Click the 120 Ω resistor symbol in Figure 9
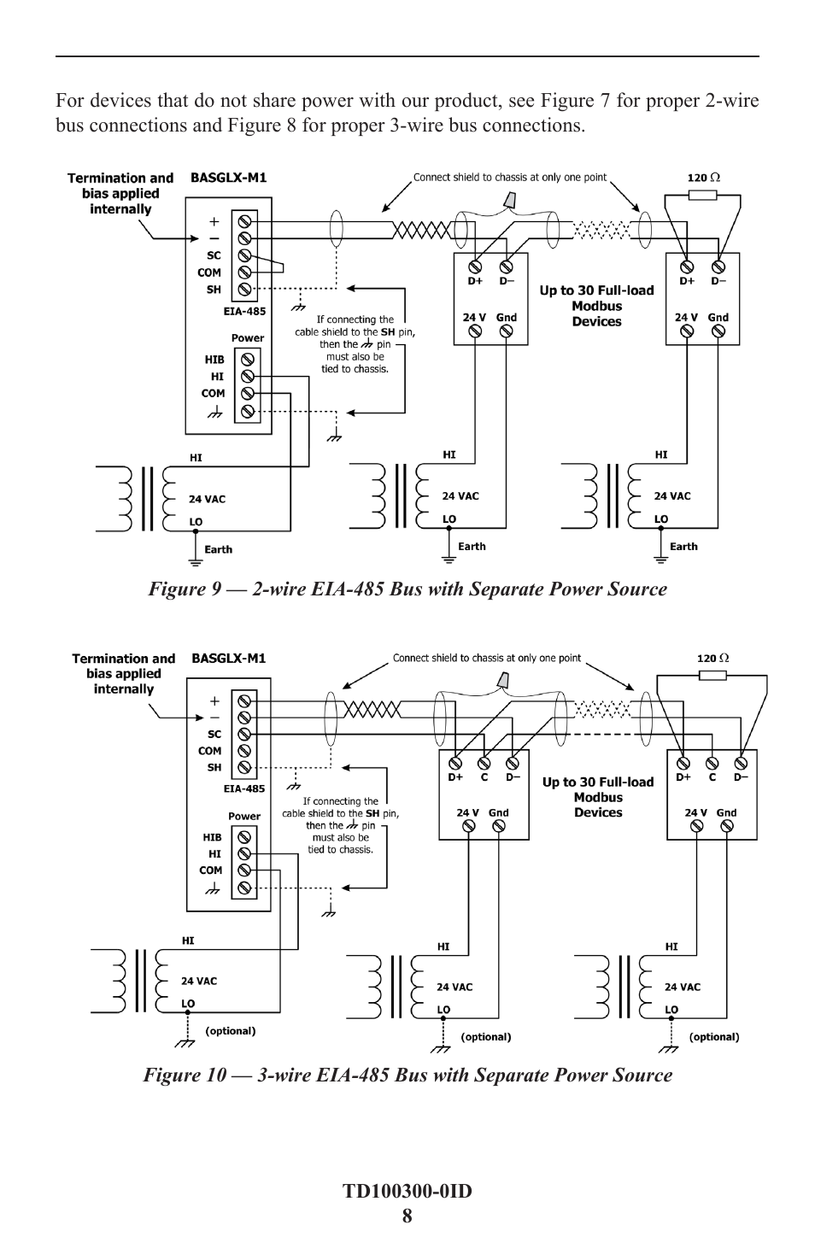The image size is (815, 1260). pyautogui.click(x=702, y=195)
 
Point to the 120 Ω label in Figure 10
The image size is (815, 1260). pyautogui.click(x=713, y=659)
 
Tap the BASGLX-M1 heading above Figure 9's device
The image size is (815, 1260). pyautogui.click(x=228, y=178)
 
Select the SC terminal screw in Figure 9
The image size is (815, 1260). pyautogui.click(x=244, y=255)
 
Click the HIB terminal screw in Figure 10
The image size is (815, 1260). pyautogui.click(x=244, y=837)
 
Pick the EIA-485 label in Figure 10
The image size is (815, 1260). pyautogui.click(x=244, y=788)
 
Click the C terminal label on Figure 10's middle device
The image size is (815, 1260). pyautogui.click(x=484, y=777)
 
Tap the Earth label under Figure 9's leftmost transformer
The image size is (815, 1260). pyautogui.click(x=218, y=549)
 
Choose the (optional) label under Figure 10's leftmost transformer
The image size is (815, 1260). pyautogui.click(x=231, y=1031)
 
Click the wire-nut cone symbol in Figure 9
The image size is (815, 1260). pyautogui.click(x=509, y=199)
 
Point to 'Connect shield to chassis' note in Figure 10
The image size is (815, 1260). pyautogui.click(x=486, y=659)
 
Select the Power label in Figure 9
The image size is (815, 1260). pyautogui.click(x=248, y=338)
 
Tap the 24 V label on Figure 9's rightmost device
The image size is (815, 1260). pyautogui.click(x=687, y=317)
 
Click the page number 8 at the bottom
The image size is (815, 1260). pyautogui.click(x=407, y=1216)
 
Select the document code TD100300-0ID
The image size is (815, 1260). pyautogui.click(x=407, y=1191)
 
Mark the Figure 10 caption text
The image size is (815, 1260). pyautogui.click(x=407, y=1075)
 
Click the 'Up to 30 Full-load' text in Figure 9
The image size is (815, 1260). pyautogui.click(x=596, y=290)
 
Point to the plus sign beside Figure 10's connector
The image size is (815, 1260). pyautogui.click(x=214, y=700)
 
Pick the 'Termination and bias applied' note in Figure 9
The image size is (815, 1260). pyautogui.click(x=120, y=193)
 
